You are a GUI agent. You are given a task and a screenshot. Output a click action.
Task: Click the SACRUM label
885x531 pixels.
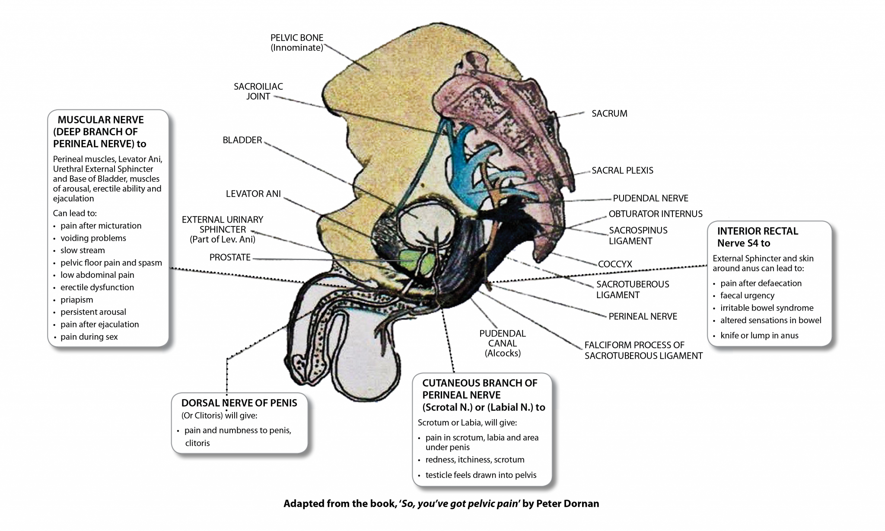(609, 114)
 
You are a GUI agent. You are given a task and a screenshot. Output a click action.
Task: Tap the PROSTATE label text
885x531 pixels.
(230, 258)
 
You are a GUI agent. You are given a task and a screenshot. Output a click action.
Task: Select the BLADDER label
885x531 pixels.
(242, 140)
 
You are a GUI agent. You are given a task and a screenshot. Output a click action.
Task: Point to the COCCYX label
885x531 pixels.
(615, 264)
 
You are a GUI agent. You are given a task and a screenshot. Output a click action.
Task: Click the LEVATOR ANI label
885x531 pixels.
(253, 194)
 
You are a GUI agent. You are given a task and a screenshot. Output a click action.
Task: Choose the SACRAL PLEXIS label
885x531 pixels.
(622, 171)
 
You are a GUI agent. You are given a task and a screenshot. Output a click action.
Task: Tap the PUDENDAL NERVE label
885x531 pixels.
(650, 198)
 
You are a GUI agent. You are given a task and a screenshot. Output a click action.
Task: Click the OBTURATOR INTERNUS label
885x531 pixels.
(656, 214)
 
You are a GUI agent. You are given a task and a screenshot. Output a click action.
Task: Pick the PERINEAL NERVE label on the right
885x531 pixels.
(643, 317)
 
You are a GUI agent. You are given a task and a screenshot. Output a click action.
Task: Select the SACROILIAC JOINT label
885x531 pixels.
(258, 91)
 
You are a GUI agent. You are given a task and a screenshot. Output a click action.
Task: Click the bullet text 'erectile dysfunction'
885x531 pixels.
(97, 287)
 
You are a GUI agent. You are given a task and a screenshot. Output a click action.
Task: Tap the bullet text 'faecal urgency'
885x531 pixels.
(747, 296)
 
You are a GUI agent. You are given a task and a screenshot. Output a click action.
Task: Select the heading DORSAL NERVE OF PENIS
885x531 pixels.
(239, 403)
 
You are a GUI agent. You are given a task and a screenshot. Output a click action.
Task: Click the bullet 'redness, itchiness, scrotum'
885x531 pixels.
(474, 460)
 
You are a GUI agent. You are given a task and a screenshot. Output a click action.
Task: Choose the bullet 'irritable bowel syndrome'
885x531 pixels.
(767, 308)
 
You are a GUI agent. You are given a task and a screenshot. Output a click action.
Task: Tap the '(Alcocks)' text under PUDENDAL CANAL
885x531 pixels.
(503, 353)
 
